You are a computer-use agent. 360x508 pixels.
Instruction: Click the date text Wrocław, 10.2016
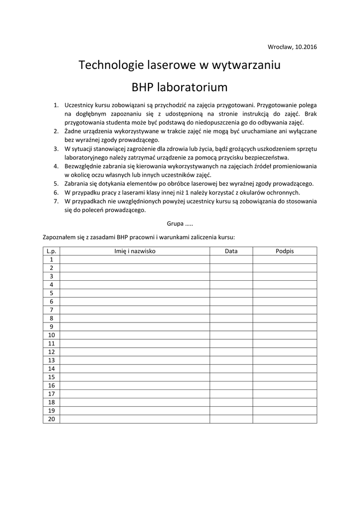292,47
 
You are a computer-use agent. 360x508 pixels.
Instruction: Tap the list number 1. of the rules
56,105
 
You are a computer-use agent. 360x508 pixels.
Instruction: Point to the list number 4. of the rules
56,166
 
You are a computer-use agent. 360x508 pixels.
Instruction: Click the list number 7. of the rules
56,201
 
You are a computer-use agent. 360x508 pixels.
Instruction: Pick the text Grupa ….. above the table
180,223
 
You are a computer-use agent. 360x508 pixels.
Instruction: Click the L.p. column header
51,251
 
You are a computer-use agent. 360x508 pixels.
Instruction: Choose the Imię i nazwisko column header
135,251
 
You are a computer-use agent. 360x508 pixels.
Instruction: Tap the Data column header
231,251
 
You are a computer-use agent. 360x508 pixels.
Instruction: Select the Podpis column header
285,251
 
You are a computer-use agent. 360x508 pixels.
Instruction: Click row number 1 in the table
51,259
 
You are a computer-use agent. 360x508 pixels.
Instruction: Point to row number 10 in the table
51,335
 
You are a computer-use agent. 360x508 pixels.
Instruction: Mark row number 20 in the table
51,419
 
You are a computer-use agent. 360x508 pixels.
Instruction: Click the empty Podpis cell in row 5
285,293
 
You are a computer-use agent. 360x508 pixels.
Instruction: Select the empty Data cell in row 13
231,360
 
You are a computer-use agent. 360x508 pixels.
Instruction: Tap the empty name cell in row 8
135,318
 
